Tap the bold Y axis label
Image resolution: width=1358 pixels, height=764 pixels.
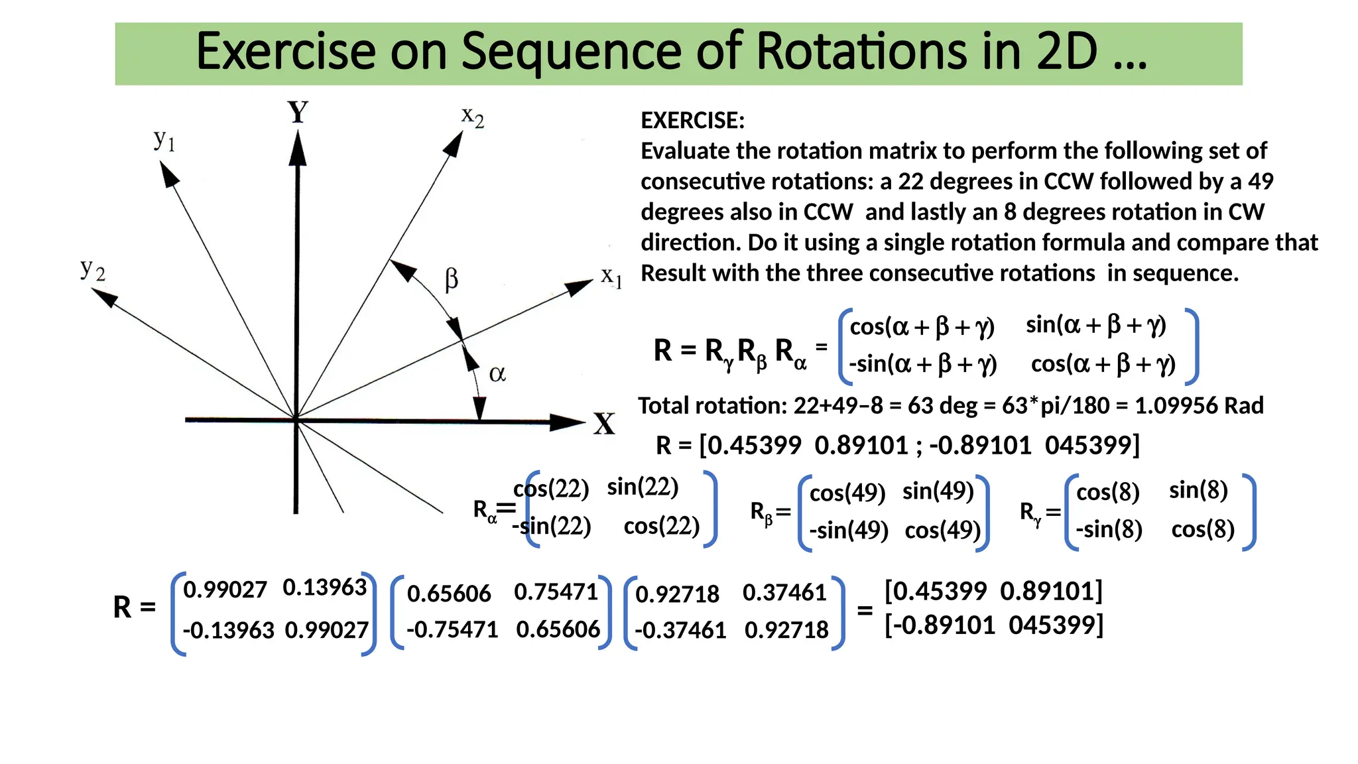coord(298,112)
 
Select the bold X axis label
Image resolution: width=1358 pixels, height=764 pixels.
coord(604,424)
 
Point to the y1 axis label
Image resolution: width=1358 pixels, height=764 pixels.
coord(164,140)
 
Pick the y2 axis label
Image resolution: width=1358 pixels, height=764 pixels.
coord(93,270)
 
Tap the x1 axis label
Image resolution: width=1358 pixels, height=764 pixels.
coord(611,277)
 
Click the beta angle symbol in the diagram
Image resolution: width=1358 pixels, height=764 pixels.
coord(451,279)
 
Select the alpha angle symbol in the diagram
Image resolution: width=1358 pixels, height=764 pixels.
coord(497,374)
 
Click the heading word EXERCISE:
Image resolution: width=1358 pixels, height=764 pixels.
coord(692,121)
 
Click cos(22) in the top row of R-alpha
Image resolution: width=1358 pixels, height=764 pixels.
coord(552,489)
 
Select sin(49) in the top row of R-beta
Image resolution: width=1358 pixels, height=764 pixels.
coord(938,491)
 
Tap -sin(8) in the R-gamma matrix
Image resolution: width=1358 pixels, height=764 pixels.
coord(1109,529)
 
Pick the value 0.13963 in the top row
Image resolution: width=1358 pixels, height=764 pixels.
coord(324,588)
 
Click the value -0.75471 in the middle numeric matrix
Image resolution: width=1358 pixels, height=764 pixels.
coord(452,629)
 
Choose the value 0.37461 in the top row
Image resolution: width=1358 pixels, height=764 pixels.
coord(784,592)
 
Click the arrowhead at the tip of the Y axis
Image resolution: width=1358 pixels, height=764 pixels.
coord(298,147)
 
